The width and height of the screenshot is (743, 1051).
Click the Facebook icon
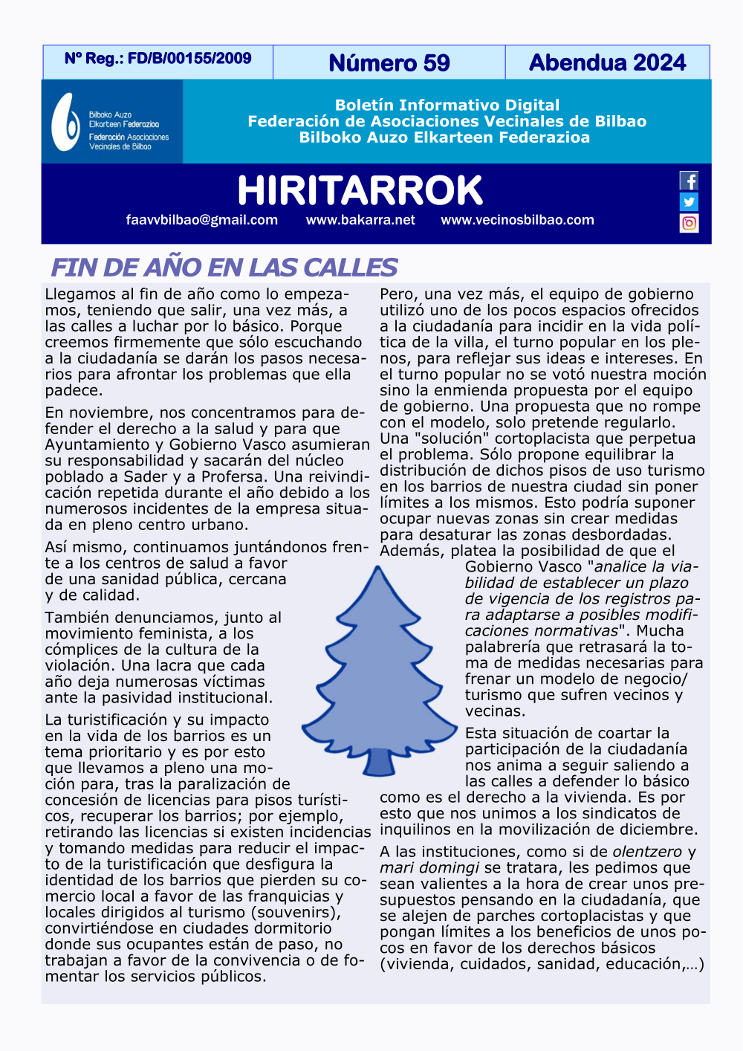pyautogui.click(x=689, y=181)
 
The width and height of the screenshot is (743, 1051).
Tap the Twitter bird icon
pyautogui.click(x=689, y=201)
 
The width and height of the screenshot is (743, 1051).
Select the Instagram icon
pyautogui.click(x=689, y=223)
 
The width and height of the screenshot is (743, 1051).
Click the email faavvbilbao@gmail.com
pyautogui.click(x=202, y=220)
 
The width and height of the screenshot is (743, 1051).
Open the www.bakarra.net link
pyautogui.click(x=360, y=220)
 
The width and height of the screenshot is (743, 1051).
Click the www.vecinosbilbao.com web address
pyautogui.click(x=517, y=220)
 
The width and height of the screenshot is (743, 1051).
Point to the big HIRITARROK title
pyautogui.click(x=360, y=190)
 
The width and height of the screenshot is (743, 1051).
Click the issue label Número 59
pyautogui.click(x=389, y=63)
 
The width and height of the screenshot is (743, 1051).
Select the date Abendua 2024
pyautogui.click(x=607, y=62)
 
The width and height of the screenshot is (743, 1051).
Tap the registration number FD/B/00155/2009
pyautogui.click(x=189, y=58)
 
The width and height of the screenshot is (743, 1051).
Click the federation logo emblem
pyautogui.click(x=65, y=122)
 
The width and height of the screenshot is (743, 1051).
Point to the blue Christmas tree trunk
pyautogui.click(x=379, y=761)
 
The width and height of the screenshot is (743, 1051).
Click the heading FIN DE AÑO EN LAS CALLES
pyautogui.click(x=224, y=267)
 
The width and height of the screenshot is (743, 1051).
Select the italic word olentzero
pyautogui.click(x=646, y=852)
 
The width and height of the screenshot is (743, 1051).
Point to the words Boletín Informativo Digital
pyautogui.click(x=447, y=106)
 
